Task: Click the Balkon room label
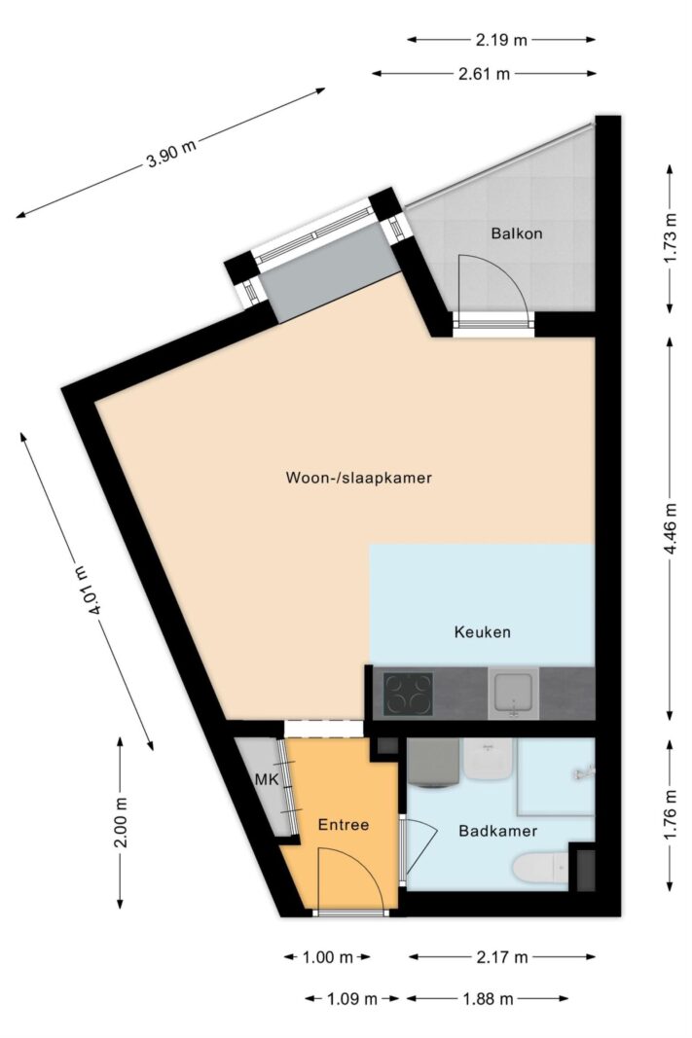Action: click(516, 233)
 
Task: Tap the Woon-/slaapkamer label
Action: click(358, 478)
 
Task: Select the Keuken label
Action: click(482, 631)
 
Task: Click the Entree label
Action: click(344, 824)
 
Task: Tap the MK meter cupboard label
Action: click(266, 780)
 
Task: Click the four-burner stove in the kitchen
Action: click(408, 694)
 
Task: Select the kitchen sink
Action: click(514, 694)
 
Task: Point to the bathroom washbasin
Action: click(488, 758)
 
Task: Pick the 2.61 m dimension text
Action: click(485, 73)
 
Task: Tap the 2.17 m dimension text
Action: click(501, 957)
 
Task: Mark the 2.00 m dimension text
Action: click(121, 822)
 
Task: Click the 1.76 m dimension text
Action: click(670, 815)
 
